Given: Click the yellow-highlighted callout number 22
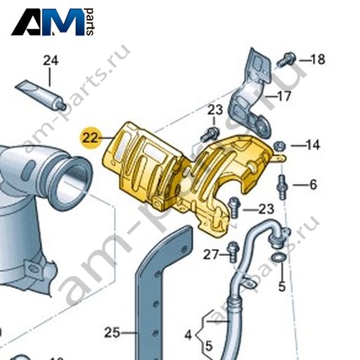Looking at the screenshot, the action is (x=90, y=139).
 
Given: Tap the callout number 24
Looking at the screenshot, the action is (x=51, y=61).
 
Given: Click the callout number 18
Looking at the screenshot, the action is (x=318, y=59).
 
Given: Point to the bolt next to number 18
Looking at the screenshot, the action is (x=286, y=60).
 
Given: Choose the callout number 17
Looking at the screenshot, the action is (x=283, y=96).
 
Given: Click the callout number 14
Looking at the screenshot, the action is (x=312, y=145).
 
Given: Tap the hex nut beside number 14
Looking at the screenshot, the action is (x=279, y=146).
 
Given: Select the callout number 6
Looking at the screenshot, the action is (x=314, y=185).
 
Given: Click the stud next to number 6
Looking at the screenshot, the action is (x=283, y=187).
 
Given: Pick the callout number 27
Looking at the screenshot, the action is (x=211, y=255).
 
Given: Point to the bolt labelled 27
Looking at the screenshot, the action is (x=233, y=252).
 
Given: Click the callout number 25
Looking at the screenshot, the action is (x=112, y=333).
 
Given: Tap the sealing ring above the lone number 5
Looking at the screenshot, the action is (x=278, y=257).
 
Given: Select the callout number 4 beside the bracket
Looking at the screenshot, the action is (x=188, y=335).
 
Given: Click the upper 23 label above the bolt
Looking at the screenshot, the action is (x=215, y=110).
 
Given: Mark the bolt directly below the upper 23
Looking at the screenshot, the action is (x=210, y=134).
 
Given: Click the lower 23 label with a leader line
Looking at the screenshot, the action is (x=266, y=209).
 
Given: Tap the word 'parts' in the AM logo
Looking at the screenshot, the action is (x=89, y=22).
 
